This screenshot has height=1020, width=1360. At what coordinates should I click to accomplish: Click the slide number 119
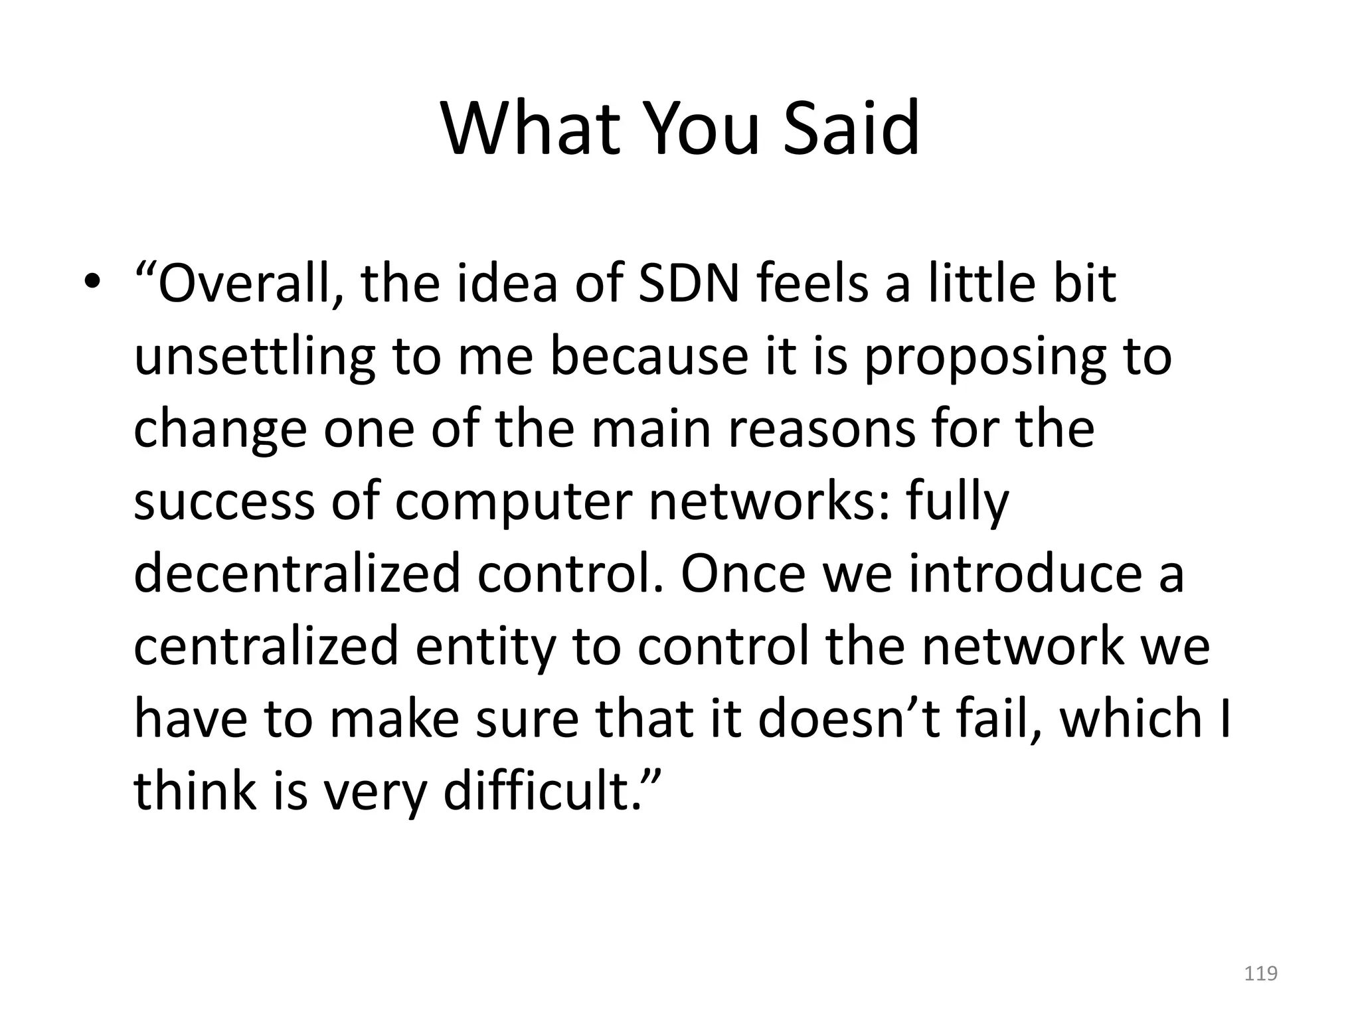pos(1260,974)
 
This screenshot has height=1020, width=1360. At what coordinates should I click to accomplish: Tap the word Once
pos(743,573)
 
